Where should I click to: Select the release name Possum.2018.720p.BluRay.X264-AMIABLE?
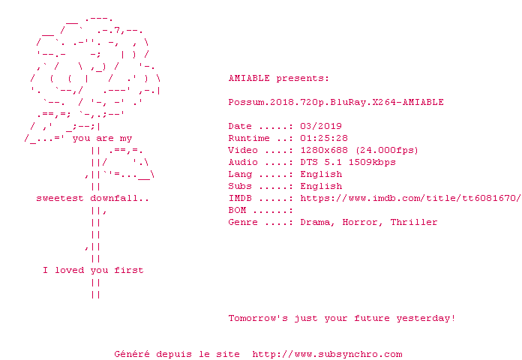(x=336, y=102)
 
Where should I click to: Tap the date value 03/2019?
(x=321, y=126)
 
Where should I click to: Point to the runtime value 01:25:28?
(x=324, y=138)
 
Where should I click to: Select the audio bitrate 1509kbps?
(x=372, y=162)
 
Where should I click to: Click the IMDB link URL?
(x=408, y=198)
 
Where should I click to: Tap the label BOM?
(x=237, y=210)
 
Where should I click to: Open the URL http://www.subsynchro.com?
(x=327, y=354)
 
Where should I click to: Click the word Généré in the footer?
(x=132, y=354)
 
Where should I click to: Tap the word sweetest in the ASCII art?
(x=60, y=198)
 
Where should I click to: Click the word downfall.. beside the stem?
(x=120, y=198)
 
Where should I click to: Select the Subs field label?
(x=240, y=186)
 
